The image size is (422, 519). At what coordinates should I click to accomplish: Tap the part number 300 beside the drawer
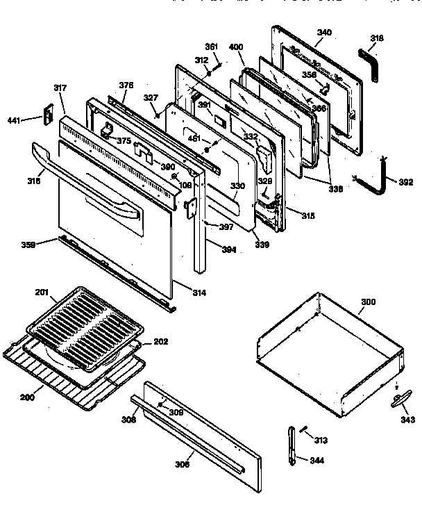coord(368,303)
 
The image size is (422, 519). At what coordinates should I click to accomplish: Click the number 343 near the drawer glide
coord(408,420)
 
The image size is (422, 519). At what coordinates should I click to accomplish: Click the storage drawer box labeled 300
coord(326,354)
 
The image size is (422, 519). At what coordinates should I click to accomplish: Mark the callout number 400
coord(236,46)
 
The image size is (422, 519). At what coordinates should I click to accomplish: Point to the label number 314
coord(199,293)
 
